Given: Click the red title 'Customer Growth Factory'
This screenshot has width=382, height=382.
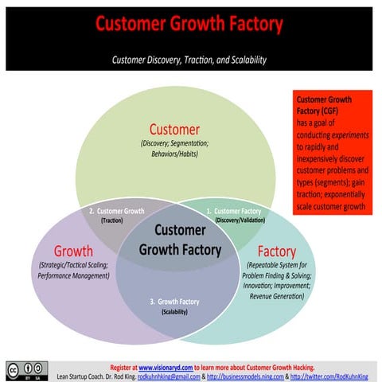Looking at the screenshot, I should coord(189,24).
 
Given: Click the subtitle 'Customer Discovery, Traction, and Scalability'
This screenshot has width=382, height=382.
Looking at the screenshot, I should coord(189,60).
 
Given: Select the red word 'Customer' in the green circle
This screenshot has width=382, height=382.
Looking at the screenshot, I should coord(174,129).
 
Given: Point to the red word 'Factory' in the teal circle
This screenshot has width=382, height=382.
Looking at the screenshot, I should coord(276,251).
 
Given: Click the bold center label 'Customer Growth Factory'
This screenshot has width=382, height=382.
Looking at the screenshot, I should coord(180,240).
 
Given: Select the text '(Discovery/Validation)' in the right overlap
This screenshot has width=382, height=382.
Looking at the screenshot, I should coord(240,220).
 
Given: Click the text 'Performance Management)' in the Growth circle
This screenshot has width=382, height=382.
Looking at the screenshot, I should coord(72,276).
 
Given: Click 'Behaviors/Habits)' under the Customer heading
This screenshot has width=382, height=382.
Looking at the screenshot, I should coord(174,154).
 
